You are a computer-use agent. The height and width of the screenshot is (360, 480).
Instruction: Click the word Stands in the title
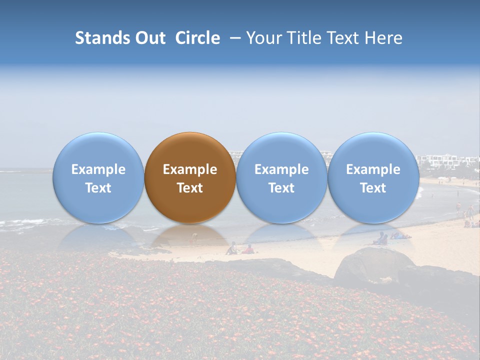pos(96,38)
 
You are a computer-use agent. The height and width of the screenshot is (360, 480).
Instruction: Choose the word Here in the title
pos(383,38)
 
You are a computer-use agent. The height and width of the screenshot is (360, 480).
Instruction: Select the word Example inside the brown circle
pos(190,169)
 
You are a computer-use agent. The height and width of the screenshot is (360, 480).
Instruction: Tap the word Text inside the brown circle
pos(190,188)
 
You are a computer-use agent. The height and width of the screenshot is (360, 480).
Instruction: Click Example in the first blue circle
pos(98,169)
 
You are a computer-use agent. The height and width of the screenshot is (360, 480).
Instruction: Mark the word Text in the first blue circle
pos(98,188)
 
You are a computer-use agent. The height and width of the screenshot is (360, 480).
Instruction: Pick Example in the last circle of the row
pos(373,169)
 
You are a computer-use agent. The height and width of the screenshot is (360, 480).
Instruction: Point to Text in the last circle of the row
pos(373,188)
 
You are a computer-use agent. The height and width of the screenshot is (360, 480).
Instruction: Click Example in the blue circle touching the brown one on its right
pos(281,169)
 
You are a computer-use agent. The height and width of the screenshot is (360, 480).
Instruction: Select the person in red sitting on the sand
pos(248,249)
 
